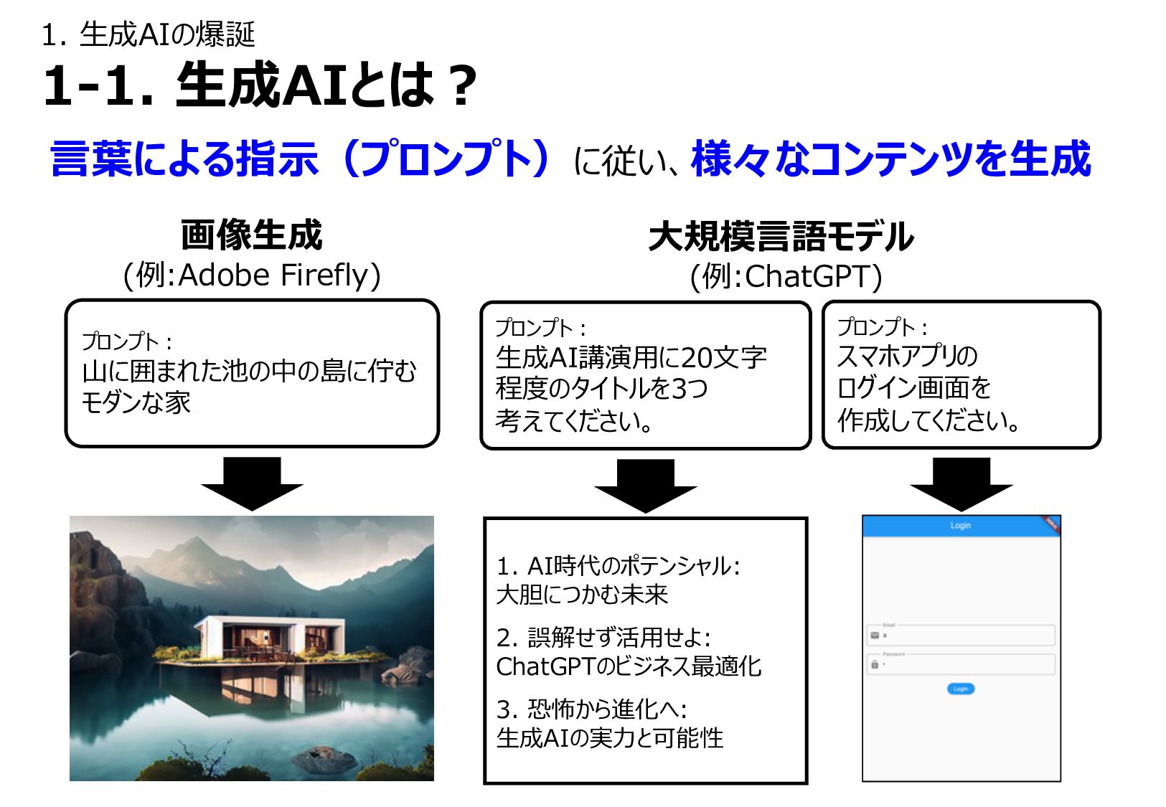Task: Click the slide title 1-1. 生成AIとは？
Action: [x=260, y=85]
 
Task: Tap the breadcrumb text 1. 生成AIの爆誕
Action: [x=149, y=34]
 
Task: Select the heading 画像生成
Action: [x=252, y=235]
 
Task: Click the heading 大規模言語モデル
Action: [x=781, y=237]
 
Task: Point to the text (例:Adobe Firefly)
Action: [x=252, y=275]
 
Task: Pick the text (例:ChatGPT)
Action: [x=786, y=276]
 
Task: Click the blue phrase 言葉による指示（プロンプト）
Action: [x=301, y=159]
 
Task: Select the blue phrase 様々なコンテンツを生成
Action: [x=890, y=159]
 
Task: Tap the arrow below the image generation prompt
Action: [x=253, y=483]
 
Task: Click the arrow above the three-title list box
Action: [x=645, y=486]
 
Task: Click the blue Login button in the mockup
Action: [x=961, y=689]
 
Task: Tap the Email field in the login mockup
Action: [x=961, y=635]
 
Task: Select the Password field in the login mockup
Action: [x=961, y=664]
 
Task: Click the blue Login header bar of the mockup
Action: [x=961, y=526]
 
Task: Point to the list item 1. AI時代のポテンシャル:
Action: [x=619, y=566]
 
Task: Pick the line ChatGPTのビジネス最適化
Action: [x=629, y=666]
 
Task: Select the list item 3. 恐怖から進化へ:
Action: [x=592, y=709]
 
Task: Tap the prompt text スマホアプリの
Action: [x=907, y=356]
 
